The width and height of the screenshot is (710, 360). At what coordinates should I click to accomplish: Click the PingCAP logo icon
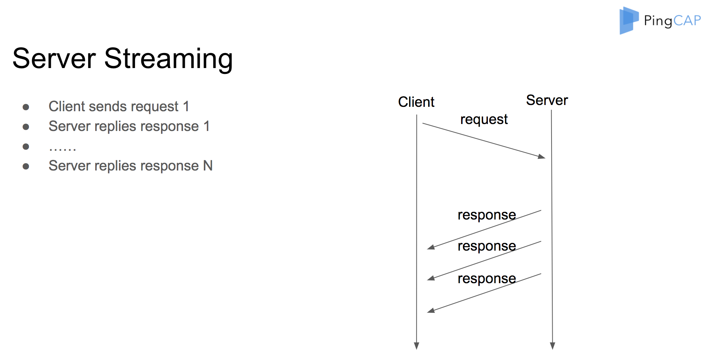pos(629,20)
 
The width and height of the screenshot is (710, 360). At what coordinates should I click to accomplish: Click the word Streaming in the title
pos(169,59)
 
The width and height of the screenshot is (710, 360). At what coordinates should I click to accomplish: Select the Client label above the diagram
pos(416,102)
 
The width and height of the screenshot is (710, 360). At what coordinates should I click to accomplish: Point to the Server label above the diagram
pos(547,100)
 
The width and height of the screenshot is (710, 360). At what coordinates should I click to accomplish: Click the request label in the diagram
pos(484,120)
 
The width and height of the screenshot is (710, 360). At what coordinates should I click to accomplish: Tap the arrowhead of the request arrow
pos(542,157)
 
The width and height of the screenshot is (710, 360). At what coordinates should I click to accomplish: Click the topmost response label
pos(487,215)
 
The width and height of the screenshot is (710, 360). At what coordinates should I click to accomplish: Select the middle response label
pos(487,246)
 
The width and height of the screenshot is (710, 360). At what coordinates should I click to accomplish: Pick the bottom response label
pos(487,279)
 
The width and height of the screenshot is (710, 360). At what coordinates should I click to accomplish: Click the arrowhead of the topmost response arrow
pos(431,247)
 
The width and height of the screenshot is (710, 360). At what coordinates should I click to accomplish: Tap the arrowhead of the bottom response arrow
pos(431,311)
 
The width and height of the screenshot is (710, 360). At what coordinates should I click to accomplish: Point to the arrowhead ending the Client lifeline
pos(416,346)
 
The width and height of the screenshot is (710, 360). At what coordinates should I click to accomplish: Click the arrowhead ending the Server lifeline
pos(553,346)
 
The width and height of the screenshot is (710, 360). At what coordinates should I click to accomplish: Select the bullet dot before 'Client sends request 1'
pos(26,107)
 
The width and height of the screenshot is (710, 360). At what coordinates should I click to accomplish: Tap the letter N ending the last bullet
pos(208,166)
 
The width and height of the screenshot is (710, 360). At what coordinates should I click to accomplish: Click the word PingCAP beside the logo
pos(673,21)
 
